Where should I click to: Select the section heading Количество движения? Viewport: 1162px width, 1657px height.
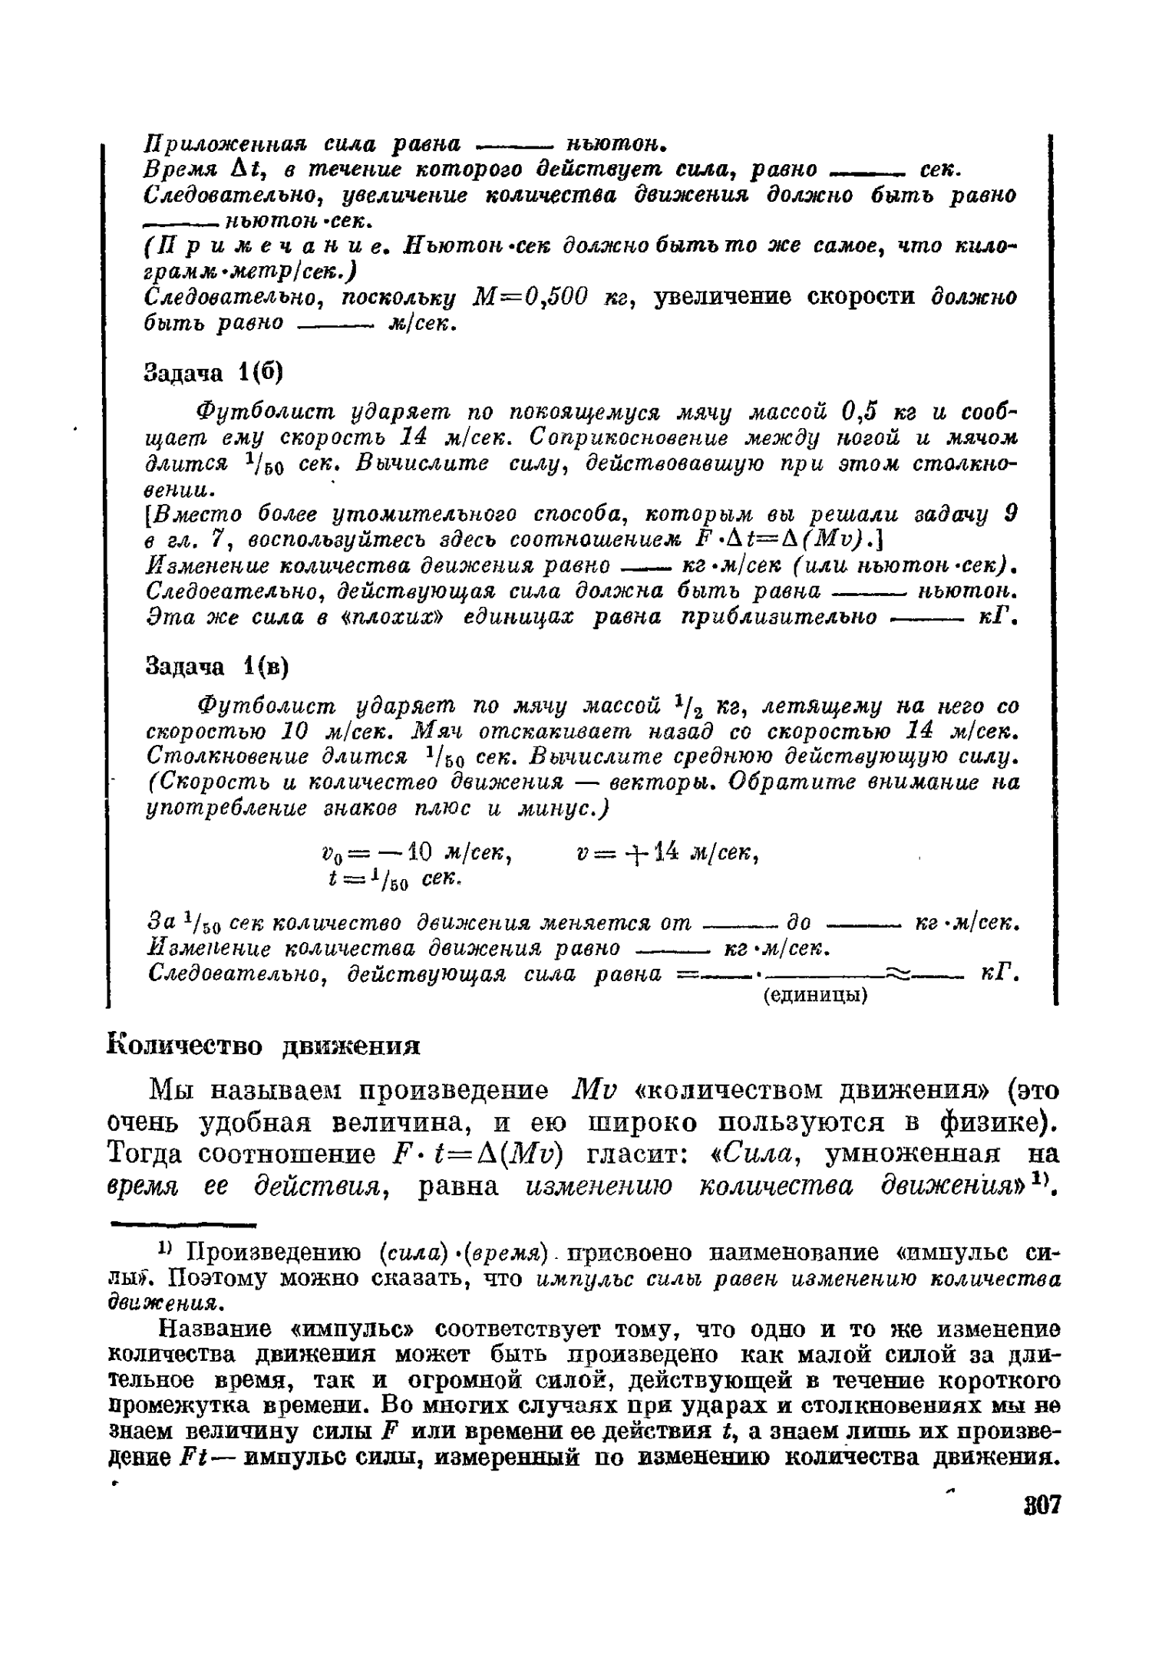point(263,1046)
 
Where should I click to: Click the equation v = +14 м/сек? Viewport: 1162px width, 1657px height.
point(667,852)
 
